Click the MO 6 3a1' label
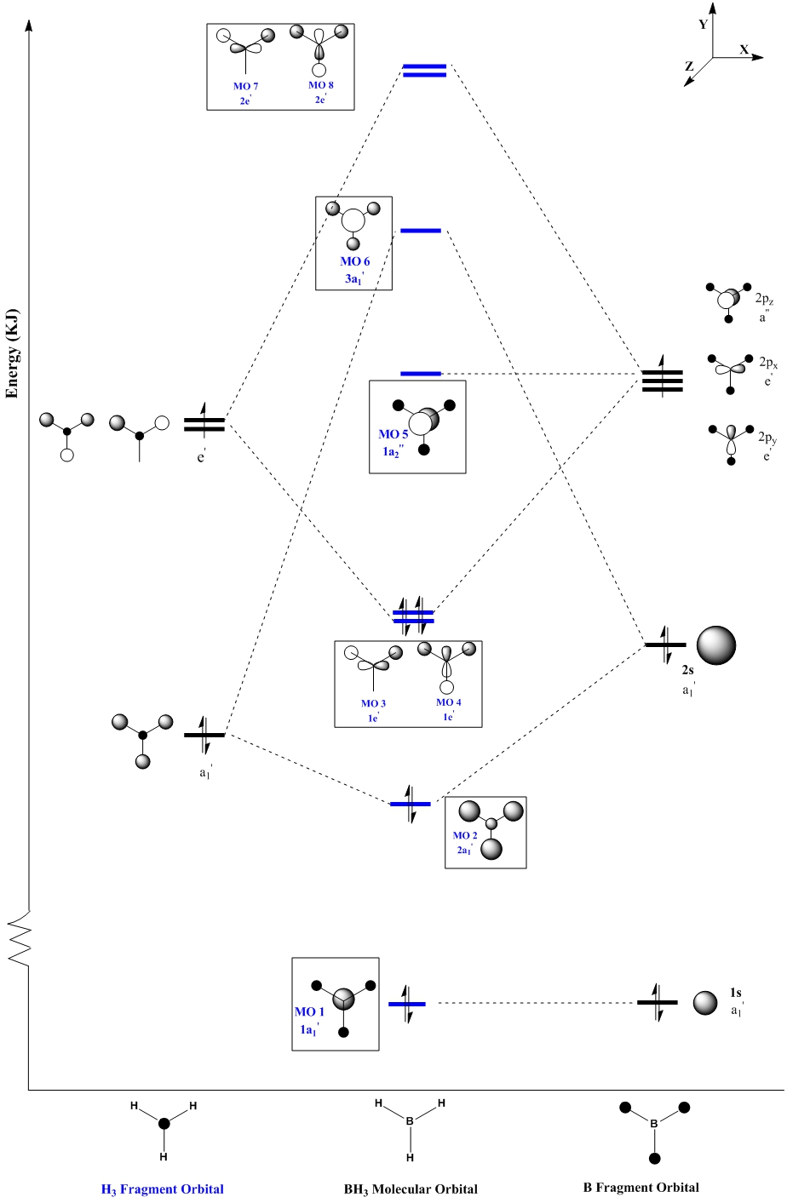pos(354,268)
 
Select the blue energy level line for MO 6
pos(421,230)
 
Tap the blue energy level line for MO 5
pos(421,373)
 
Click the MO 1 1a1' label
pos(310,1020)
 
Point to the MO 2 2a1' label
pos(465,842)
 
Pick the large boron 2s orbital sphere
pos(715,646)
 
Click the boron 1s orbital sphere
pos(704,1003)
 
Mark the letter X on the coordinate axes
pos(744,49)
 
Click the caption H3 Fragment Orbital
pos(162,1189)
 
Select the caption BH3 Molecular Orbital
pos(411,1189)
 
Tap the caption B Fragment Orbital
pos(641,1187)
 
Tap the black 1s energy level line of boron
pos(657,1003)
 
